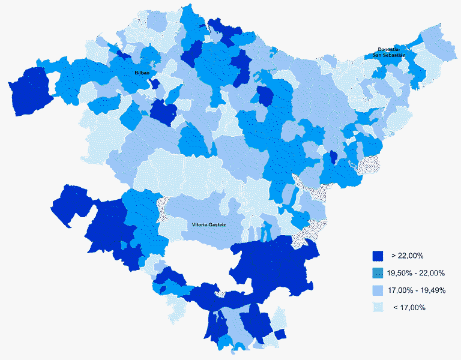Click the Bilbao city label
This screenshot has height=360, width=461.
pos(142,73)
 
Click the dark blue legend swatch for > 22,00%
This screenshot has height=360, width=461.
pos(378,256)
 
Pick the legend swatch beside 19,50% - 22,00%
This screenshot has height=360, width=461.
pos(378,273)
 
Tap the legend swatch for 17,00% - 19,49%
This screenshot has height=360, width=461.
pos(378,290)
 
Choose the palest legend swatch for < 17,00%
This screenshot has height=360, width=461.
pos(378,308)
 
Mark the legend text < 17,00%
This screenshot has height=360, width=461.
pos(409,308)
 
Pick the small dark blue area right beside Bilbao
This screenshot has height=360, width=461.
pos(155,83)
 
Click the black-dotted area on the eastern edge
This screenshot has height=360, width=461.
pos(367,163)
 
